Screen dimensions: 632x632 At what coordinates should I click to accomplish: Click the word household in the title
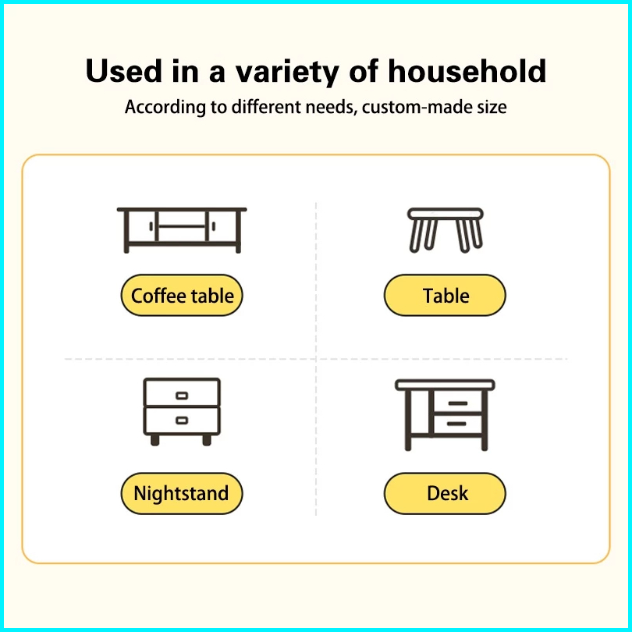(x=467, y=71)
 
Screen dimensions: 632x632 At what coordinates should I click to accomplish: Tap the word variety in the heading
(x=287, y=73)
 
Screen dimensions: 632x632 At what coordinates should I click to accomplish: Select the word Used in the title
(x=124, y=71)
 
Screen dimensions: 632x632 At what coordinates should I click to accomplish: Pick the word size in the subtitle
(x=492, y=107)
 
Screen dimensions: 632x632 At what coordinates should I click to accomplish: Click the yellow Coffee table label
(x=182, y=296)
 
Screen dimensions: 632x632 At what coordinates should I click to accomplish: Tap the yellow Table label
(x=445, y=296)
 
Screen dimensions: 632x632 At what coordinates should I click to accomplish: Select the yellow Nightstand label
(x=182, y=493)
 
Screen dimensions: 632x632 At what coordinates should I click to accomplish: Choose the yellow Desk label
(x=445, y=493)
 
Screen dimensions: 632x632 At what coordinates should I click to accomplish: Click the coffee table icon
(x=182, y=230)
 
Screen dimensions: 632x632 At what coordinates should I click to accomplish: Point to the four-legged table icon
(x=446, y=230)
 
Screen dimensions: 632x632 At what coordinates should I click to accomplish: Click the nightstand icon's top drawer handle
(x=182, y=396)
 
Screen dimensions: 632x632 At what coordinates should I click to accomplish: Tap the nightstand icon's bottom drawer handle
(x=182, y=421)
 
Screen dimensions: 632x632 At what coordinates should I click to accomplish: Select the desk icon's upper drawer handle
(x=457, y=403)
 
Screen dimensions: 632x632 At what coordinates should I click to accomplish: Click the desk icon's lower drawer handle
(x=456, y=424)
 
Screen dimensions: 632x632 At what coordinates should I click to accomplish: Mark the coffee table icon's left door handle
(x=151, y=226)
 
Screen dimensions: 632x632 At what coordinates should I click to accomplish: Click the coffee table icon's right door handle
(x=214, y=226)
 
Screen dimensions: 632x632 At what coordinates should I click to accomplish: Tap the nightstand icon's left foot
(x=154, y=440)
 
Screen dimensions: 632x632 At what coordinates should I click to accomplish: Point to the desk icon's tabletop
(x=445, y=385)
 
